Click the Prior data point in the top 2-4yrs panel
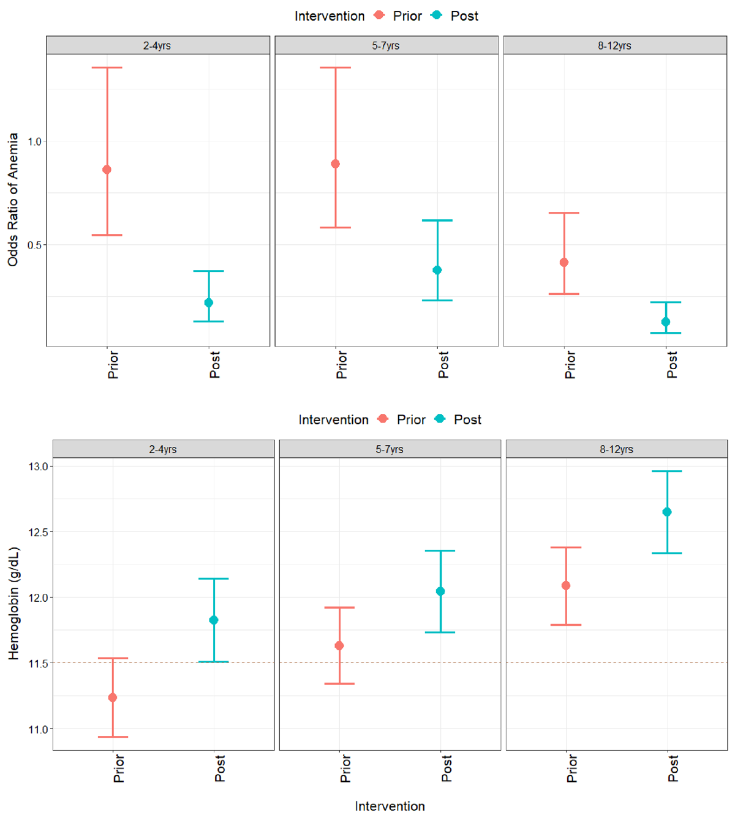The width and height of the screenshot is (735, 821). (x=107, y=170)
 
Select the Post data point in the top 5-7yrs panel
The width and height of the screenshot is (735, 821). (x=437, y=270)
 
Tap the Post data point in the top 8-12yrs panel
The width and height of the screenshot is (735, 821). (x=666, y=322)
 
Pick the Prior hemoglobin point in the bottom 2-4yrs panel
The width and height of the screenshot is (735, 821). (x=113, y=697)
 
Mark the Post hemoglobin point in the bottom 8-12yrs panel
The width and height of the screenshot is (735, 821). (x=667, y=512)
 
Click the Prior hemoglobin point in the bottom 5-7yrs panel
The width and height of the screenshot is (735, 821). (x=339, y=645)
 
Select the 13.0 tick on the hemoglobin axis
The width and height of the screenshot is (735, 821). (x=38, y=467)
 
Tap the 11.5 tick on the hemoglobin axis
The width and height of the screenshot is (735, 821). (x=38, y=663)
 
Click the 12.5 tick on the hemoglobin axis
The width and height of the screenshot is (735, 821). (x=38, y=532)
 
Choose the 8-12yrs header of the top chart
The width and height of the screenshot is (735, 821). (x=614, y=45)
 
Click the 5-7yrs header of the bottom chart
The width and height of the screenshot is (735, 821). (x=390, y=449)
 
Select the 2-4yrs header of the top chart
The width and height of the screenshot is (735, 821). (x=157, y=45)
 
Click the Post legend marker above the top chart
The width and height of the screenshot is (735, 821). (x=437, y=15)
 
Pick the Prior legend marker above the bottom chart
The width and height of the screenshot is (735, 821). (x=383, y=419)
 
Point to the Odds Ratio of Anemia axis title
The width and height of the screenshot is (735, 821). (x=13, y=200)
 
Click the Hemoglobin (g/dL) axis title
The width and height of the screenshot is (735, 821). (x=13, y=603)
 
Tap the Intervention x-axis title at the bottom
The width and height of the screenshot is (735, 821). (x=390, y=806)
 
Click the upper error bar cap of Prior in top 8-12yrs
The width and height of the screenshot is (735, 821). (x=564, y=213)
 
